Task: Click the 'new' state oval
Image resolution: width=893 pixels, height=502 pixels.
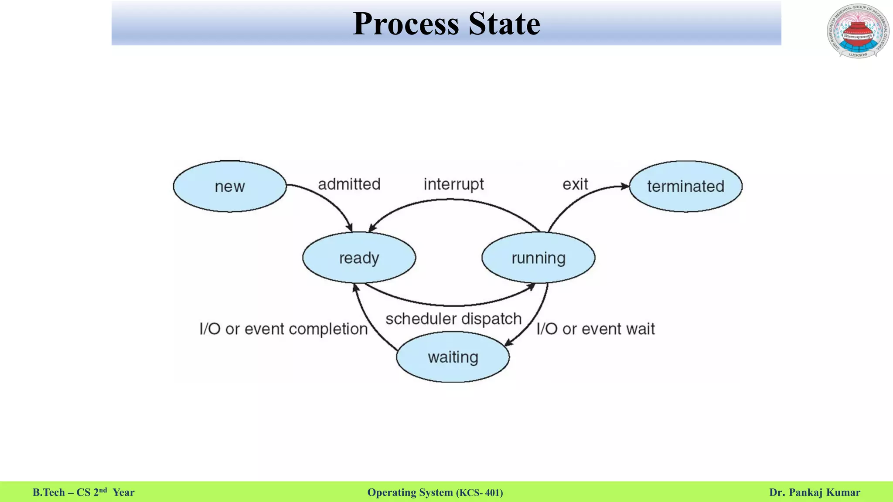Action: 230,187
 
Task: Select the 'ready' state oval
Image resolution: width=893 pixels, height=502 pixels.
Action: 359,258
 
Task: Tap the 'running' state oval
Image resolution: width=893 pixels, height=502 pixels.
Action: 538,258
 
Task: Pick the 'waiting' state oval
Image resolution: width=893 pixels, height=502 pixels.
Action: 453,357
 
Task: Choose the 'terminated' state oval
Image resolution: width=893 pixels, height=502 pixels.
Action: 685,187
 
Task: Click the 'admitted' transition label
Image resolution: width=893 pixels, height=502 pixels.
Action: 349,184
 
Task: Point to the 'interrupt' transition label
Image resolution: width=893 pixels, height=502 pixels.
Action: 453,184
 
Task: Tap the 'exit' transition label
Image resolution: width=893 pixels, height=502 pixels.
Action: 575,184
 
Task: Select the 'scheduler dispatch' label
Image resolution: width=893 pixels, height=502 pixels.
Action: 453,319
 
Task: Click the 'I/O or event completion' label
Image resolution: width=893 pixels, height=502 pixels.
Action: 283,329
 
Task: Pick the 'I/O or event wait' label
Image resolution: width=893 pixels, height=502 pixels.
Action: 596,329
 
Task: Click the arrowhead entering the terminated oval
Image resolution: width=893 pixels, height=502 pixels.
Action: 625,186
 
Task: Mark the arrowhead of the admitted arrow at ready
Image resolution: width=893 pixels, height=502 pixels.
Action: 349,227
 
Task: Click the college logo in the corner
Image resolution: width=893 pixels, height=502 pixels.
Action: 858,31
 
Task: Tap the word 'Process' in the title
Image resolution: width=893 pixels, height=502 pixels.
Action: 406,24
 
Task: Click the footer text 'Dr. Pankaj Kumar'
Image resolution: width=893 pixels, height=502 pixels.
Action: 815,492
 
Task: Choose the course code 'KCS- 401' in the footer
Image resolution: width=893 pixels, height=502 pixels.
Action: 480,493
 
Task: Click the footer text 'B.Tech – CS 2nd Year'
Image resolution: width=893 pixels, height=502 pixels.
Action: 84,492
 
